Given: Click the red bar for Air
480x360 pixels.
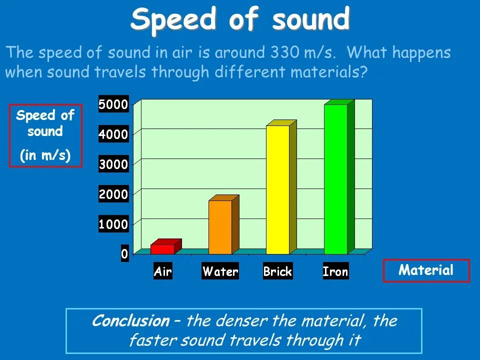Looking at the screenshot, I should [x=162, y=249].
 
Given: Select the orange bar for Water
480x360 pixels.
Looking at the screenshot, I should [x=220, y=227].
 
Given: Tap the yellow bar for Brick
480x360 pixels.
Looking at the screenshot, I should [x=277, y=189].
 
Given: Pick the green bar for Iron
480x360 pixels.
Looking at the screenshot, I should [x=335, y=179].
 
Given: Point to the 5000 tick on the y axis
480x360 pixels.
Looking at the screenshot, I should [x=113, y=104].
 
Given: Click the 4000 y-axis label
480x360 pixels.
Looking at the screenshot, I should [x=113, y=134].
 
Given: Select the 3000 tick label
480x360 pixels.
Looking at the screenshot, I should [x=113, y=164].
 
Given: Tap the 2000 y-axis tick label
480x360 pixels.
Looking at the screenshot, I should [x=113, y=194].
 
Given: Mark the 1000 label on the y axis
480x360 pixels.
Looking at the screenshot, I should [x=113, y=224].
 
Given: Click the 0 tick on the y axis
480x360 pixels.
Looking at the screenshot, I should [x=124, y=254].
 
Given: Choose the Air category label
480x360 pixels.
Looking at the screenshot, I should [x=162, y=272].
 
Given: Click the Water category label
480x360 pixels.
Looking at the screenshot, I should [x=220, y=272].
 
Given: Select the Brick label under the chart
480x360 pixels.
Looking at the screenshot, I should [x=277, y=272].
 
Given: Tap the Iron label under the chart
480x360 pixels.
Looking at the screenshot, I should [x=335, y=272].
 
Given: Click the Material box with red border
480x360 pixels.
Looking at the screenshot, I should [x=426, y=271].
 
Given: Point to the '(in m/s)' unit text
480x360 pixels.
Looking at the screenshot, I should [x=45, y=156].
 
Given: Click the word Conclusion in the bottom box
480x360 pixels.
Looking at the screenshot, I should [x=131, y=321].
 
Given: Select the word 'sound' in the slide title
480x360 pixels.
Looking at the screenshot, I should [x=311, y=20].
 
